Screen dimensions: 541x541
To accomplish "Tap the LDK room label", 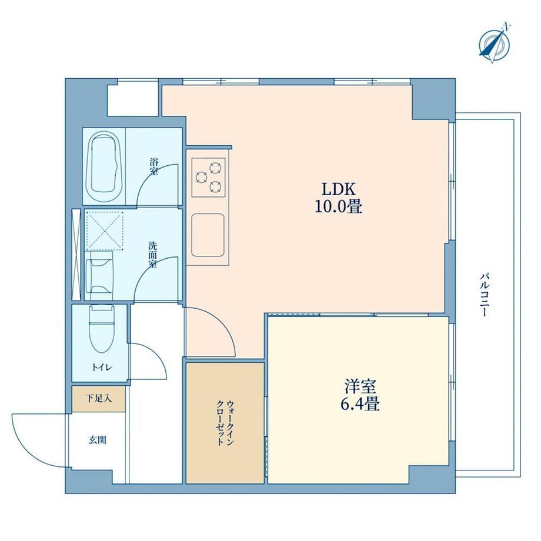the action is coord(339,189).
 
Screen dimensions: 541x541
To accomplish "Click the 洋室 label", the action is coord(360,386).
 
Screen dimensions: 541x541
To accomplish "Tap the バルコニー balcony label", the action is coord(485,295).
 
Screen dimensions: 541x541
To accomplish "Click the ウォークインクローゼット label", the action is coord(225,423).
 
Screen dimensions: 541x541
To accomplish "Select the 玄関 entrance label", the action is coord(97,440).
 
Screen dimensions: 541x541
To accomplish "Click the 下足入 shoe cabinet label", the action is coord(99,399).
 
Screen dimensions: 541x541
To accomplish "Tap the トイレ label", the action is coord(102,368).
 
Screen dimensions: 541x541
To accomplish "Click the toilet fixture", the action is coord(101,328).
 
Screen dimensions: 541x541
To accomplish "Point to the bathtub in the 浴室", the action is coord(104,166).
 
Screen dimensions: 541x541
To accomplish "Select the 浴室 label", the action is coord(154,166).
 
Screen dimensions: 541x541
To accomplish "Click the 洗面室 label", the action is coord(152,255).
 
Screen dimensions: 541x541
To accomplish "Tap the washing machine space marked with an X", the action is coord(104,231).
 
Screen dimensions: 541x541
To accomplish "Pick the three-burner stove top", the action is coord(209,178).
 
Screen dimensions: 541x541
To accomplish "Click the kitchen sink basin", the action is coord(208,235).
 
